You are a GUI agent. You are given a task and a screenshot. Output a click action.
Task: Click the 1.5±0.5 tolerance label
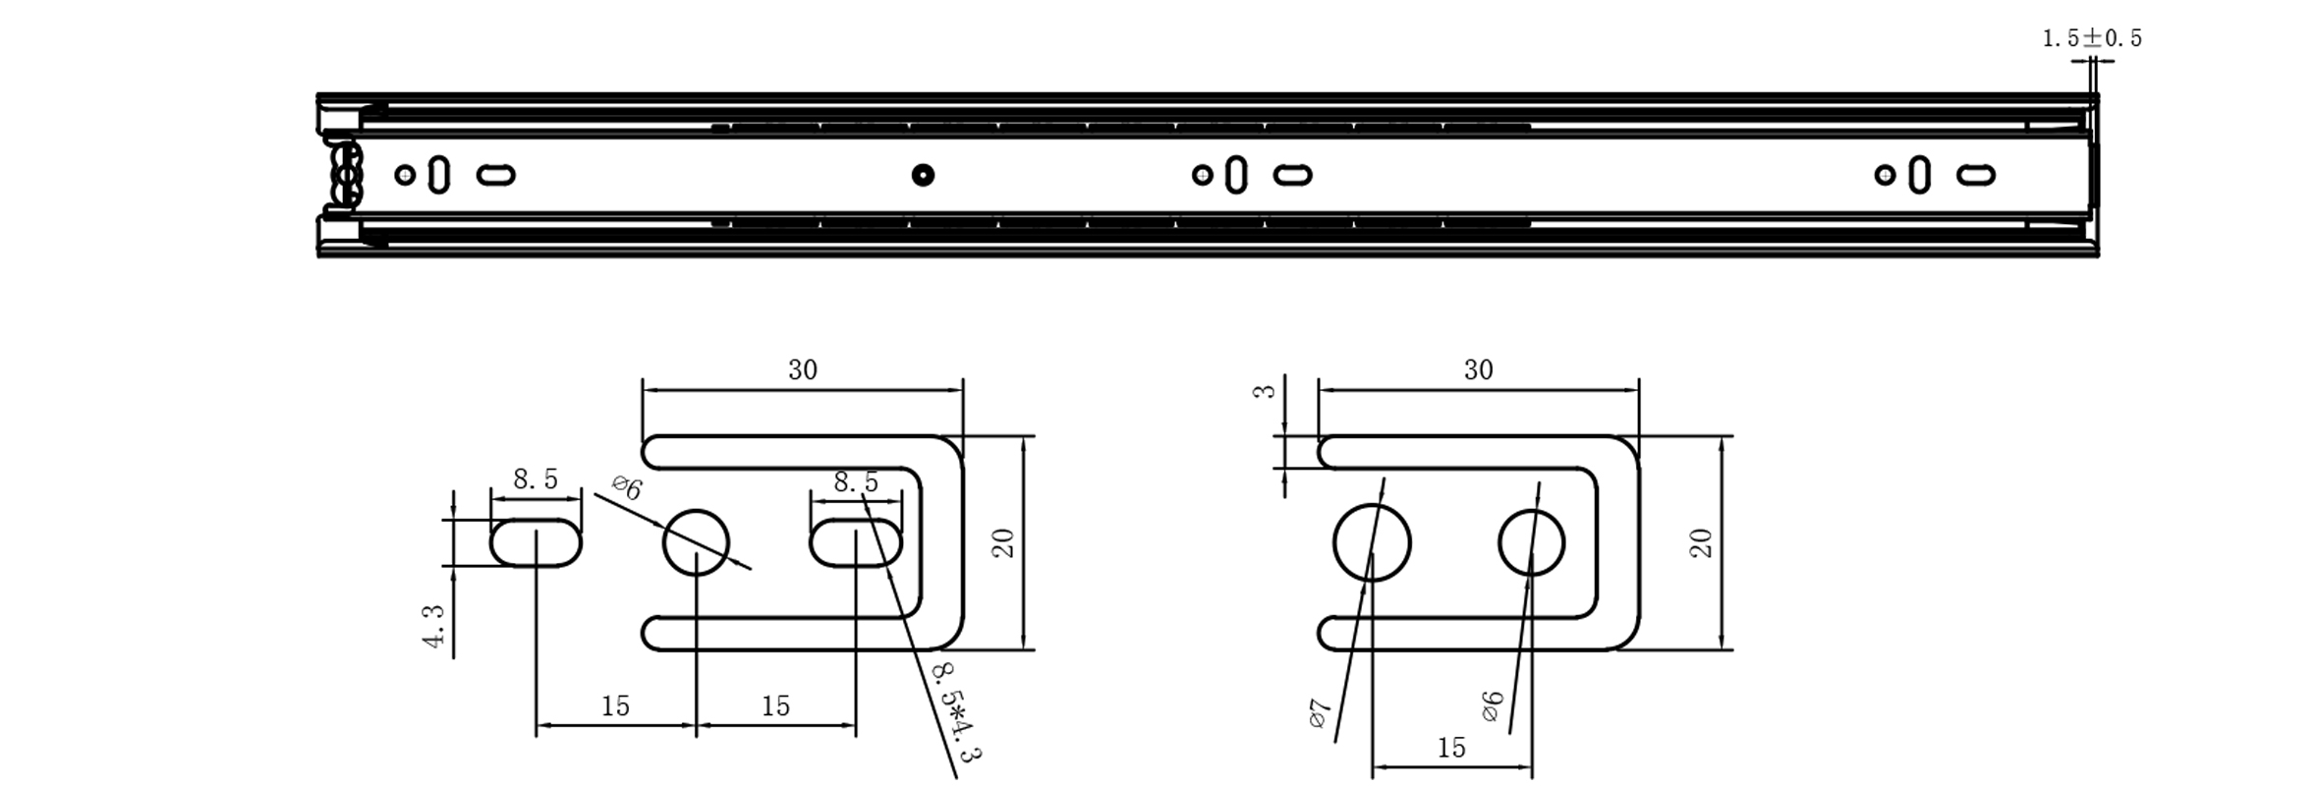click(2091, 38)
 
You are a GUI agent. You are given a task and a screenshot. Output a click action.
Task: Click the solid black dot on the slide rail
click(922, 175)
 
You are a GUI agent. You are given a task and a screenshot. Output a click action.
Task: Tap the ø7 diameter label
click(1320, 712)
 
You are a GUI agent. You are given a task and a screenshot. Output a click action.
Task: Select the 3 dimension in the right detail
click(1267, 390)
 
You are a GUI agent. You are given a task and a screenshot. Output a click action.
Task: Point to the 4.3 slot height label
click(434, 626)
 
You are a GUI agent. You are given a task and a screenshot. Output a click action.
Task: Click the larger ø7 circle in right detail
click(1372, 542)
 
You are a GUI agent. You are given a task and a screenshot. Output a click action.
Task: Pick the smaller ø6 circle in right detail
click(1531, 542)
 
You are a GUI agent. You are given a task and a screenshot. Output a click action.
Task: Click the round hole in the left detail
click(696, 542)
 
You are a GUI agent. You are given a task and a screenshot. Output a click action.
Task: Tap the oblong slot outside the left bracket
click(536, 543)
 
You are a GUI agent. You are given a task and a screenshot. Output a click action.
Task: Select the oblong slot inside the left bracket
click(856, 543)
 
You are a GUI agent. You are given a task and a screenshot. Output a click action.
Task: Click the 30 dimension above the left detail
click(803, 370)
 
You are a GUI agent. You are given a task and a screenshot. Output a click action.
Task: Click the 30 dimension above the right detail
click(1478, 370)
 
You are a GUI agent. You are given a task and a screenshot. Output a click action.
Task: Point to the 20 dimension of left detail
click(1003, 542)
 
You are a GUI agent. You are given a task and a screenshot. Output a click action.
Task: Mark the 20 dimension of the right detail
click(1702, 542)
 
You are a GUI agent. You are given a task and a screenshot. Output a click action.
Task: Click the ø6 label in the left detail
click(627, 487)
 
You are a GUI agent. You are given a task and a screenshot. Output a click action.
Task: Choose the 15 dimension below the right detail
click(1451, 748)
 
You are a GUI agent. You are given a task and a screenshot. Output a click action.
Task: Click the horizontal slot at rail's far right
click(1975, 175)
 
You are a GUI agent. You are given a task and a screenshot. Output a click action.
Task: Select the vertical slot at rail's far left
click(439, 175)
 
